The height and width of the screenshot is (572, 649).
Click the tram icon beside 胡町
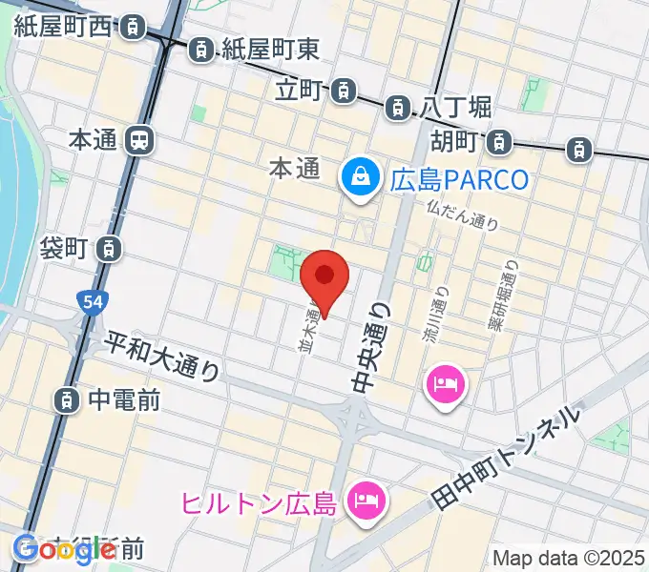coord(497,143)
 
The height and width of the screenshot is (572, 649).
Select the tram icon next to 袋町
coord(111,249)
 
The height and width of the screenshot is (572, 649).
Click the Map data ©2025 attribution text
coord(569,558)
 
